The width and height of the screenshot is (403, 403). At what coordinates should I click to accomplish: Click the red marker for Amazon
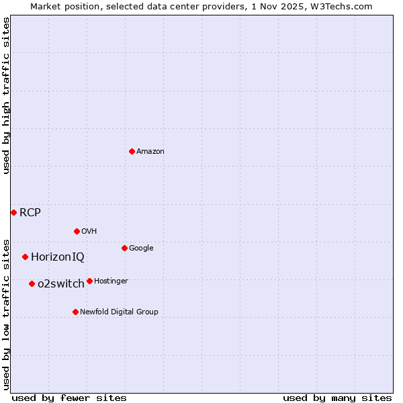(x=132, y=151)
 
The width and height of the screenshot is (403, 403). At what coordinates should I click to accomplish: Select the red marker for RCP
(x=13, y=212)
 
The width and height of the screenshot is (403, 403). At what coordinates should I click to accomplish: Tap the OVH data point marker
(x=77, y=231)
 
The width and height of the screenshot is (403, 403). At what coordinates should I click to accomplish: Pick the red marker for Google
(x=124, y=248)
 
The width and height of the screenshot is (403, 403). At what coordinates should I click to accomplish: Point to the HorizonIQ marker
(x=25, y=257)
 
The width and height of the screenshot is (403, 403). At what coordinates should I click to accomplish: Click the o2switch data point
(x=32, y=283)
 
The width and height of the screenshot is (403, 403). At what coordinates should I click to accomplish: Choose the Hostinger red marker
(x=89, y=281)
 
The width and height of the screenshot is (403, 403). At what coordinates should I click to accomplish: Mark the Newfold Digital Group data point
(x=75, y=312)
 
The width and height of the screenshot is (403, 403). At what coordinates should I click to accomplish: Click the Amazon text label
(x=150, y=152)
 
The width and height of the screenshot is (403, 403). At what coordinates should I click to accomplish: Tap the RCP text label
(x=30, y=213)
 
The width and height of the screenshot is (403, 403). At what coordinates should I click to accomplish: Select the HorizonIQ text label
(x=58, y=257)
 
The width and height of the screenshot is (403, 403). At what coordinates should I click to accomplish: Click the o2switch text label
(x=61, y=284)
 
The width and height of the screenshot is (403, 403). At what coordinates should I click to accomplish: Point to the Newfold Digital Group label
(x=120, y=312)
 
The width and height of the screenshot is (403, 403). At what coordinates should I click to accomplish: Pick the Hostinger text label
(x=111, y=281)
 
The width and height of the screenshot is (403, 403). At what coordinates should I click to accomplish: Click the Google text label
(x=141, y=249)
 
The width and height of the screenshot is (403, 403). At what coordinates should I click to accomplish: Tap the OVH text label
(x=89, y=232)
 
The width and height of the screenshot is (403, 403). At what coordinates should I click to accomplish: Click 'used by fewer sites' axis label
(x=69, y=398)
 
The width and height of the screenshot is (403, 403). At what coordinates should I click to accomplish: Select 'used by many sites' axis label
(x=337, y=398)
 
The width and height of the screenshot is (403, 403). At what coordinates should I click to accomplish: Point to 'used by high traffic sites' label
(x=6, y=96)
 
